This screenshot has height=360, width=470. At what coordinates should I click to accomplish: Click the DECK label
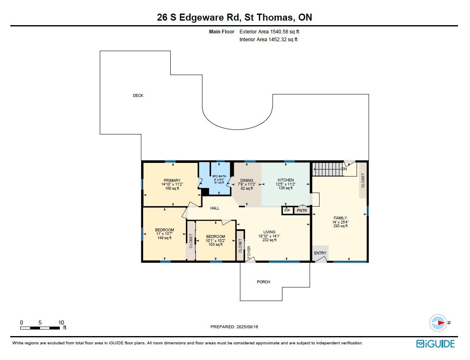[x=138, y=96]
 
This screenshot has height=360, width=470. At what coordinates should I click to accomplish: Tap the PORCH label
[x=263, y=282]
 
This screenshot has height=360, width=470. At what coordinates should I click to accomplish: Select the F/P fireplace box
[x=287, y=211]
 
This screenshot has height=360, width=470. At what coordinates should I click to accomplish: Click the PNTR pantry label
[x=302, y=211]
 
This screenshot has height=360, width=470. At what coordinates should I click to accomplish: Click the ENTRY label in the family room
[x=320, y=253]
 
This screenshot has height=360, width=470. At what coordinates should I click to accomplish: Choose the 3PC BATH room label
[x=219, y=176]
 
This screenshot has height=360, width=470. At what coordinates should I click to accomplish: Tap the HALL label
[x=215, y=208]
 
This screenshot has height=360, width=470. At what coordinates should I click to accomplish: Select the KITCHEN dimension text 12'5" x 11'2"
[x=286, y=184]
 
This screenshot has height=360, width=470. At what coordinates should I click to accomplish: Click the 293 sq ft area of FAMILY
[x=341, y=226]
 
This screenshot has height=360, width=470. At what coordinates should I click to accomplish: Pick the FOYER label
[x=249, y=252]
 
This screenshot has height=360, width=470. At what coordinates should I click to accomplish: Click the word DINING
[x=247, y=181]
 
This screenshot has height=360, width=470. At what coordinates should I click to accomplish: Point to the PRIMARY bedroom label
[x=172, y=181]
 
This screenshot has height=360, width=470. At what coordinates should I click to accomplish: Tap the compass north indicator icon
[x=439, y=323]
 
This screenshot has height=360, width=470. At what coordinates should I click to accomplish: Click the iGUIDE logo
[x=435, y=344]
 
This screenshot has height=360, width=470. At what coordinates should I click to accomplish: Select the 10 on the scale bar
[x=61, y=322]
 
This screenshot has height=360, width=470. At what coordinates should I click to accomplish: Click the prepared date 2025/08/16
[x=247, y=327]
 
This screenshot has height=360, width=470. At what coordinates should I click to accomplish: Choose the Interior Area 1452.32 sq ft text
[x=268, y=40]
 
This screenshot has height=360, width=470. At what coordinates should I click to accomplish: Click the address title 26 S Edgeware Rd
[x=198, y=17]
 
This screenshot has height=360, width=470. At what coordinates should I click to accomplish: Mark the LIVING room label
[x=270, y=232]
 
